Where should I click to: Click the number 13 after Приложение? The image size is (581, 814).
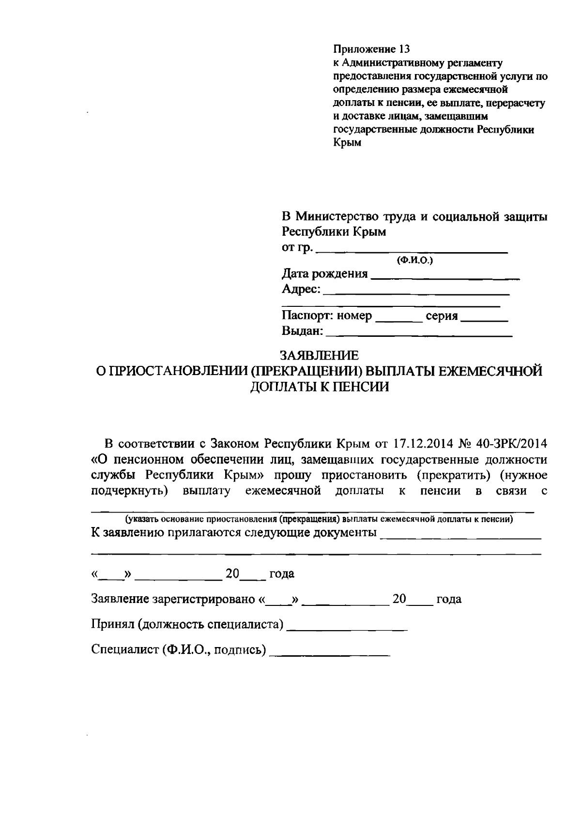tap(403, 49)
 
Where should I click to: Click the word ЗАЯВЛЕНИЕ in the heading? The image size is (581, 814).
tap(321, 356)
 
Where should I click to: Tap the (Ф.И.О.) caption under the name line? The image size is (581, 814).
tap(414, 261)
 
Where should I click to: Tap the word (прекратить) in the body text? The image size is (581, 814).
tap(450, 475)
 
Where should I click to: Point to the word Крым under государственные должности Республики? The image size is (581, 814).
tap(348, 143)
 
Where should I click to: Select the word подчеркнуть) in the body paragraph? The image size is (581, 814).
tap(129, 491)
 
